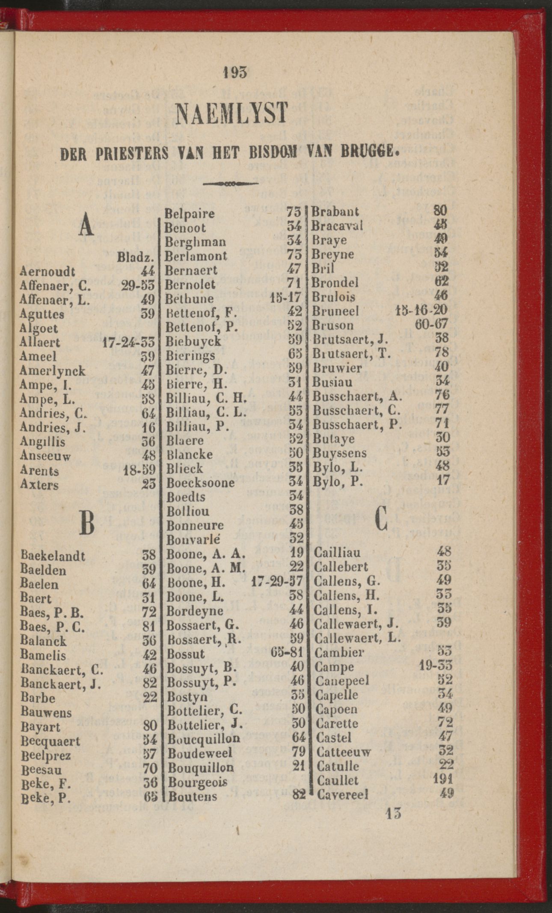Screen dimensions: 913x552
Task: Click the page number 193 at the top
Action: (x=235, y=73)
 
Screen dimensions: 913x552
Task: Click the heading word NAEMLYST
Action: (x=233, y=113)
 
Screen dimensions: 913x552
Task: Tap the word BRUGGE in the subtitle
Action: (x=371, y=152)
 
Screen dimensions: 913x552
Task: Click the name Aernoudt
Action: (x=47, y=272)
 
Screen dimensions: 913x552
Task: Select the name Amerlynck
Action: (x=52, y=371)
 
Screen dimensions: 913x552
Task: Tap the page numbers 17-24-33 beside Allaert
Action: (x=128, y=342)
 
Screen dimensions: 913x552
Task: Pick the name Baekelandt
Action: (x=53, y=556)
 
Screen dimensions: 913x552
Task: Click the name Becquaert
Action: (x=50, y=741)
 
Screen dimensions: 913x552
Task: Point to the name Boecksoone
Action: (x=200, y=483)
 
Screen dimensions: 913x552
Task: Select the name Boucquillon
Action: (x=204, y=738)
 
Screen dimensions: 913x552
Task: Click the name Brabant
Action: (x=335, y=211)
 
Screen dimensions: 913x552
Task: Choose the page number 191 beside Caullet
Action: (x=442, y=779)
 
